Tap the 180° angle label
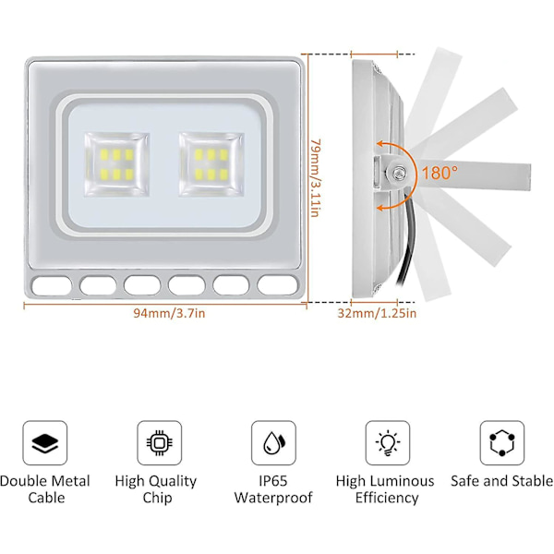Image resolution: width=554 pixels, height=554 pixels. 440,173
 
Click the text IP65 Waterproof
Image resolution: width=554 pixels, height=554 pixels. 273,489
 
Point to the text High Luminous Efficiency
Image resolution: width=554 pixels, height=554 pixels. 385,489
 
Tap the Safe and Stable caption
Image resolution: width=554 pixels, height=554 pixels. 501,481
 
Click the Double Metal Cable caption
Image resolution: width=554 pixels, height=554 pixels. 45,489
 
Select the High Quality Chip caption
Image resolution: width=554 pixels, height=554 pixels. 156,489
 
